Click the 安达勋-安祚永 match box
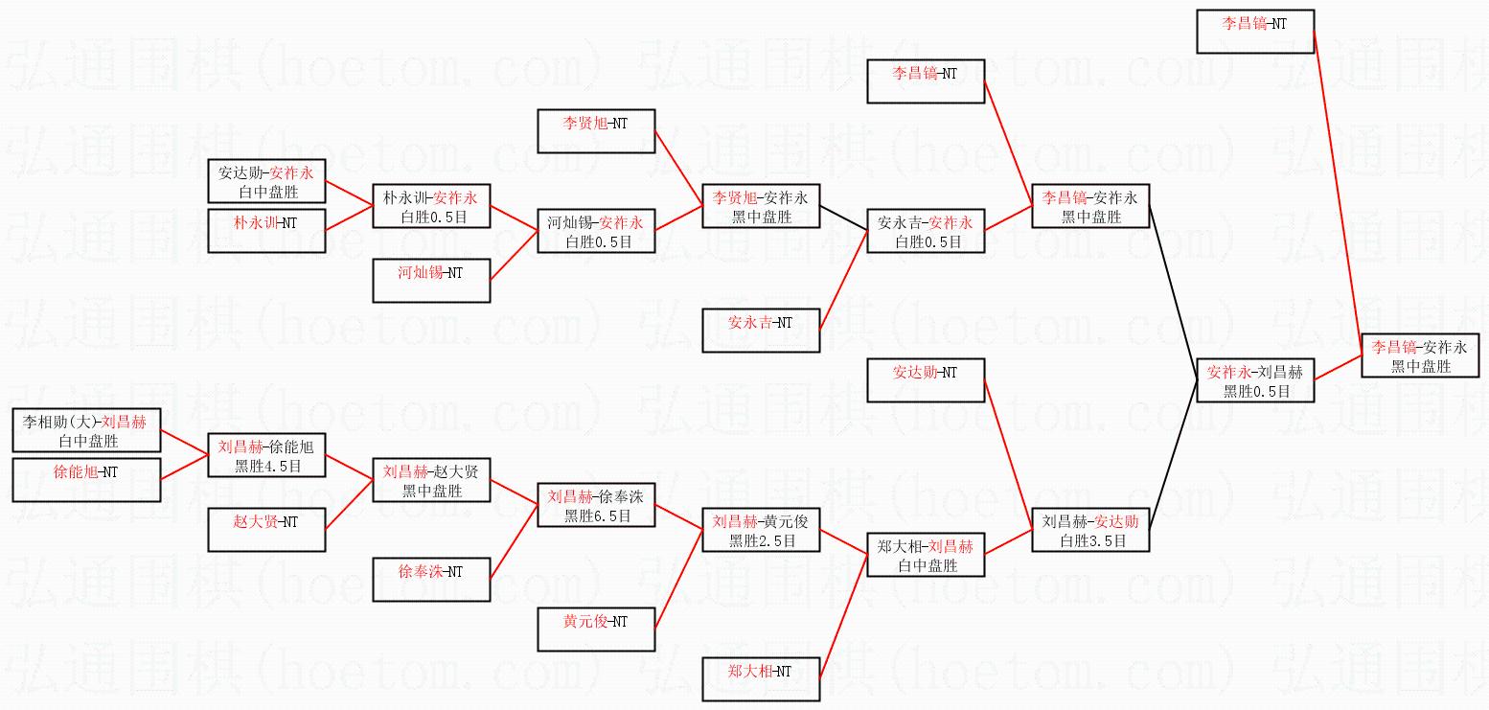tap(266, 182)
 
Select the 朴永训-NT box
tap(266, 230)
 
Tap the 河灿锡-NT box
tap(431, 280)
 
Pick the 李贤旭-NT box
tap(596, 130)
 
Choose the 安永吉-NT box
tap(761, 330)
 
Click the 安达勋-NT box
tap(926, 379)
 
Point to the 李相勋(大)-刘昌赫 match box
tap(86, 430)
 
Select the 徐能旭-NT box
tap(86, 479)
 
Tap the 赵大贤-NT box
tap(266, 529)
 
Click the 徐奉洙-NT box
tap(431, 579)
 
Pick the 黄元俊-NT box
tap(596, 629)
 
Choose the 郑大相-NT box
tap(761, 678)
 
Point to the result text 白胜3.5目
tap(1091, 540)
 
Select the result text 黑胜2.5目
tap(762, 540)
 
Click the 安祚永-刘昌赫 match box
tap(1255, 380)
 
